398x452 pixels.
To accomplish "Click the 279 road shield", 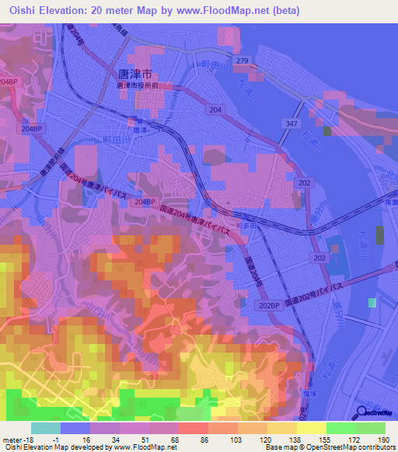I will [x=242, y=61].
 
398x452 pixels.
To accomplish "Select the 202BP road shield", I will [x=268, y=304].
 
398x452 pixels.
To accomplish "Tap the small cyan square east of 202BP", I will [x=372, y=302].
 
